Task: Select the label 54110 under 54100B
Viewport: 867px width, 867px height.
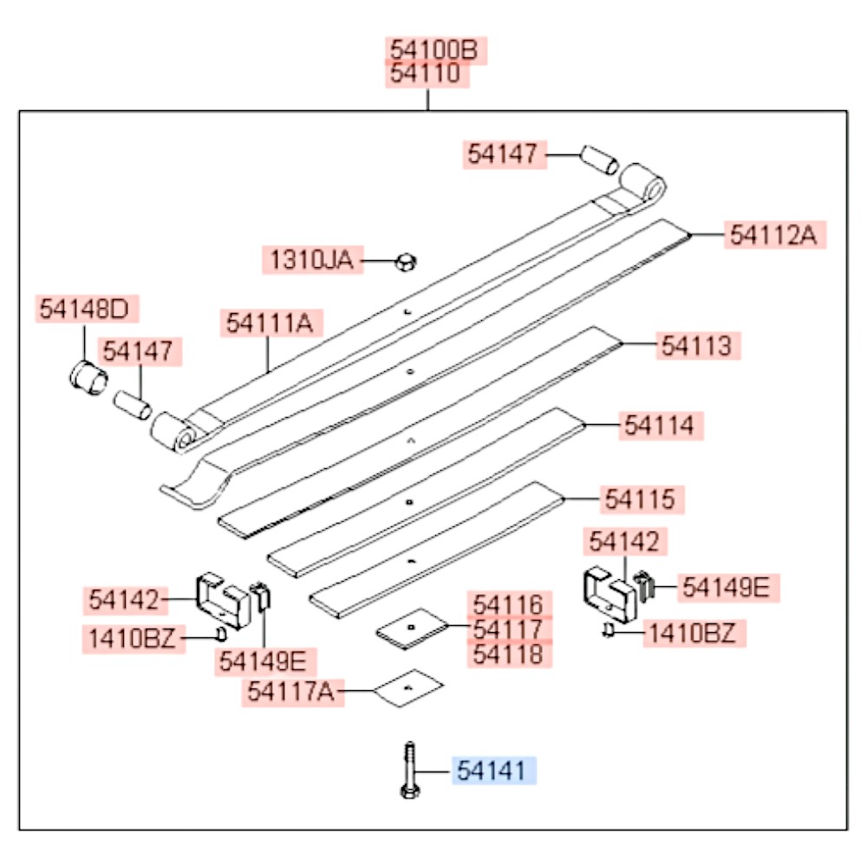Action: tap(427, 74)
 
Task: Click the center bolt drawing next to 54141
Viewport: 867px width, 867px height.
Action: tap(409, 770)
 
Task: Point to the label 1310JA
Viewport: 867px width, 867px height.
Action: tap(312, 260)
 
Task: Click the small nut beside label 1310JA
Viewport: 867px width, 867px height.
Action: tap(406, 262)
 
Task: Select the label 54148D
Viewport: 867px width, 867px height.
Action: tap(87, 309)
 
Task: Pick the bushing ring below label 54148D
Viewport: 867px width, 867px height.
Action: tap(88, 377)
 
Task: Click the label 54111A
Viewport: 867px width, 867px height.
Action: tap(271, 323)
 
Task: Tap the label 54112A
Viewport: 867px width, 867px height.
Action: tap(774, 234)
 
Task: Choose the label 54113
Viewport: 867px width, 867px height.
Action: tap(698, 346)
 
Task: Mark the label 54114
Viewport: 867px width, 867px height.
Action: tap(661, 426)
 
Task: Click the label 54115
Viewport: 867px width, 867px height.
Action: tap(642, 499)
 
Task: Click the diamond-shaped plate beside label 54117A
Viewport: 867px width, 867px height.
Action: tap(408, 688)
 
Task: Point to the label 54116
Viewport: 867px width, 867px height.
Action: tap(509, 604)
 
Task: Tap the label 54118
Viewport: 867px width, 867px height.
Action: tap(509, 655)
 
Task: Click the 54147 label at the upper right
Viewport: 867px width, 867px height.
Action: tap(505, 154)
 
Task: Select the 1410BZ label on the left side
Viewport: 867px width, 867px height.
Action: tap(134, 639)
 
